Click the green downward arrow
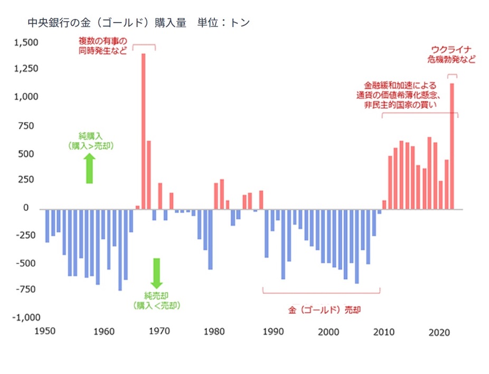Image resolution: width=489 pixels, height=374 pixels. click(156, 273)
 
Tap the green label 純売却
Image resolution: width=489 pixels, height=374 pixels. click(157, 295)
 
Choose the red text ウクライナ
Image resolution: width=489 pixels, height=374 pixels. click(451, 51)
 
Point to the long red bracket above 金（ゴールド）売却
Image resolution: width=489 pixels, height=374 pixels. click(321, 292)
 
